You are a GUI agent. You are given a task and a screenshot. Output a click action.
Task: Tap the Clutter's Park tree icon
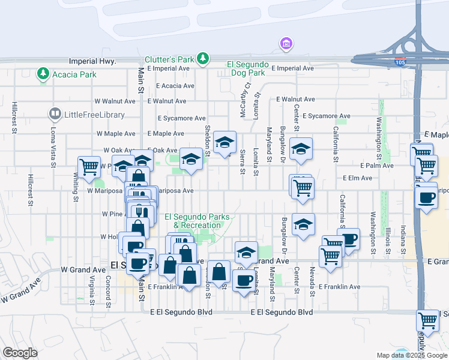203,58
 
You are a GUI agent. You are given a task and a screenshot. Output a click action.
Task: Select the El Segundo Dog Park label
246,68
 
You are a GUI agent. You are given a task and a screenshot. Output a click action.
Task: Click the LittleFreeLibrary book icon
55,113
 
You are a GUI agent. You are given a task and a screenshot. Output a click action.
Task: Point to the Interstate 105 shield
400,62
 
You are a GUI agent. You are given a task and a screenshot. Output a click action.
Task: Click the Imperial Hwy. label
92,61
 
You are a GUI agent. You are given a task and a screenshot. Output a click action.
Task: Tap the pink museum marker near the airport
286,44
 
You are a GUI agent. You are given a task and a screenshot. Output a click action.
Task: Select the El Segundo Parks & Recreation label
197,221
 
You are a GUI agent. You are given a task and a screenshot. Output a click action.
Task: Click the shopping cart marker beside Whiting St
89,166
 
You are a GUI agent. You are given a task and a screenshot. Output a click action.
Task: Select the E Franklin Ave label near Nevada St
340,287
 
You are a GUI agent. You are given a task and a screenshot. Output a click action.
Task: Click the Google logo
20,353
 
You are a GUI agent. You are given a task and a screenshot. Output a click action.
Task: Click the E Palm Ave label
376,165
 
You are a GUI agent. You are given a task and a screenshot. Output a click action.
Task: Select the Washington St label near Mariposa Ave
373,224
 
